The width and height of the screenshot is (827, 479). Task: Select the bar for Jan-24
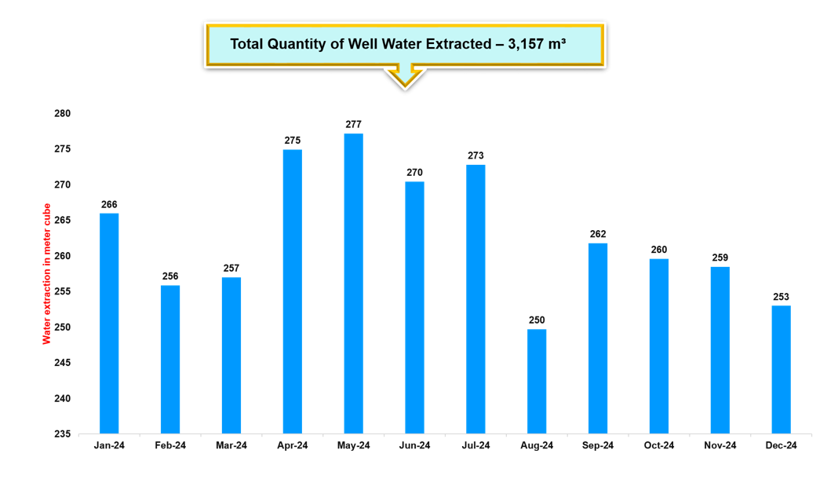tap(109, 323)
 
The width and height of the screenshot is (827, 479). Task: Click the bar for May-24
tap(353, 283)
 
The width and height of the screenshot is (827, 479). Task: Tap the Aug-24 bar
tap(537, 381)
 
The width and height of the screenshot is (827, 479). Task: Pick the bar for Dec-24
tap(781, 369)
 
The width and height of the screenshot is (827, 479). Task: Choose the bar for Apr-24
tap(292, 291)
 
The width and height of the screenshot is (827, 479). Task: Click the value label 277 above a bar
tap(353, 125)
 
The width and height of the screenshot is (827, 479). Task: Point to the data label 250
tap(537, 320)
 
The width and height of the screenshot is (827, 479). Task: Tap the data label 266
tap(109, 205)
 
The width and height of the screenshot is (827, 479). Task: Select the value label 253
tap(781, 297)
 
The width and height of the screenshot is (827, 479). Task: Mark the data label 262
tap(598, 234)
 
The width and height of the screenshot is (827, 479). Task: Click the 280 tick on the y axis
tap(62, 114)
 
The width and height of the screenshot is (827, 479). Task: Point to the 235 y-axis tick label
tap(62, 434)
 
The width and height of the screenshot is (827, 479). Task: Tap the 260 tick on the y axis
tap(62, 256)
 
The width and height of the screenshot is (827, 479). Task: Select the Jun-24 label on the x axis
tap(414, 446)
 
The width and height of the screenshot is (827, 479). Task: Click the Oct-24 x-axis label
tap(659, 446)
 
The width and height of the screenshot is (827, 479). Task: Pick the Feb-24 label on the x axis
tap(170, 446)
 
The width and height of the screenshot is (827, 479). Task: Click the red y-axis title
tap(47, 273)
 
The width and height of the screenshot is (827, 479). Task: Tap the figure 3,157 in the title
tap(527, 44)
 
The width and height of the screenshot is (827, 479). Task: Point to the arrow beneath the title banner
tap(404, 77)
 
